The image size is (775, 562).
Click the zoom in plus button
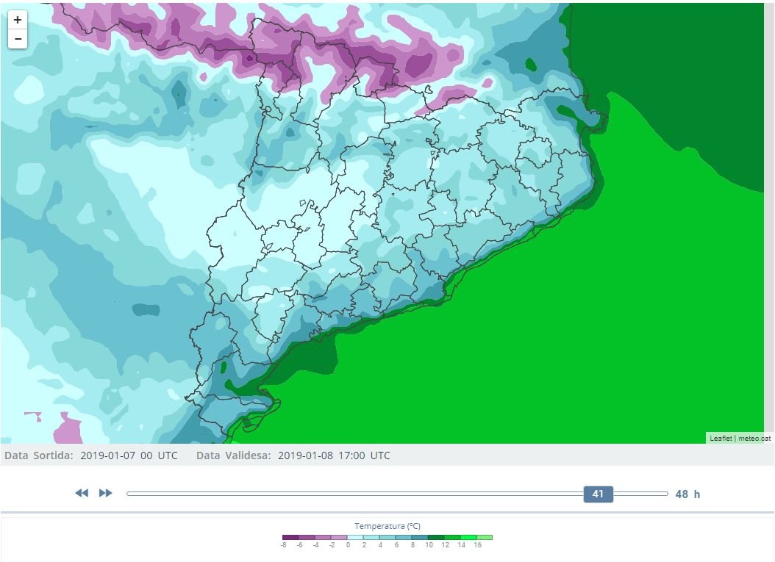tap(18, 20)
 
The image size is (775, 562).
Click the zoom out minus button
tap(18, 39)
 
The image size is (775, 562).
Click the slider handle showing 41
tap(598, 494)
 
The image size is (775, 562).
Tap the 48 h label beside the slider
tap(687, 494)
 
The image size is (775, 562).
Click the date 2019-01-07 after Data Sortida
tap(107, 455)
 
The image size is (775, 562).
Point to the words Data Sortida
tap(38, 455)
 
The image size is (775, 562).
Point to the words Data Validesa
tap(233, 455)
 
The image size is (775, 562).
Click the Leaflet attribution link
tap(721, 439)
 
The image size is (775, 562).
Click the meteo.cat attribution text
tap(754, 439)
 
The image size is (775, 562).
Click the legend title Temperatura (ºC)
tap(387, 526)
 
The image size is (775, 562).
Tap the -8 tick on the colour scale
tap(283, 545)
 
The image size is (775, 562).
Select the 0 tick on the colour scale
tap(348, 545)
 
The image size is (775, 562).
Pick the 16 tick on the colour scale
tap(477, 545)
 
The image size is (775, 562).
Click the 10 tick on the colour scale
tap(429, 545)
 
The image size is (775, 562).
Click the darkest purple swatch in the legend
tap(290, 537)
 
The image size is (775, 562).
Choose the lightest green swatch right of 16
tap(485, 537)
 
